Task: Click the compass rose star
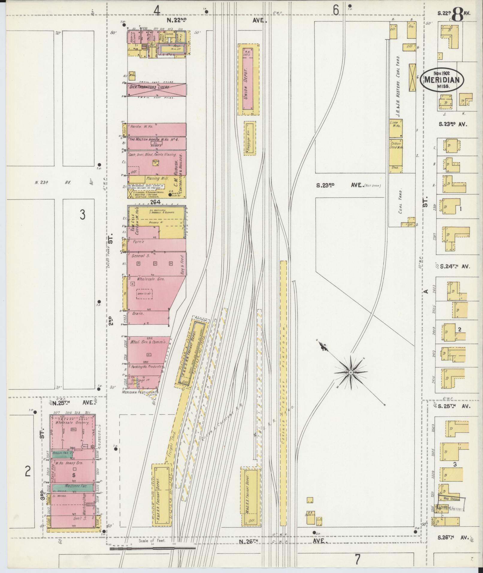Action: tap(350, 372)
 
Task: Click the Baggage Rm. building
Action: tap(250, 138)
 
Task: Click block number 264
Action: tap(156, 202)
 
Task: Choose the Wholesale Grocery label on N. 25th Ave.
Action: tap(75, 423)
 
